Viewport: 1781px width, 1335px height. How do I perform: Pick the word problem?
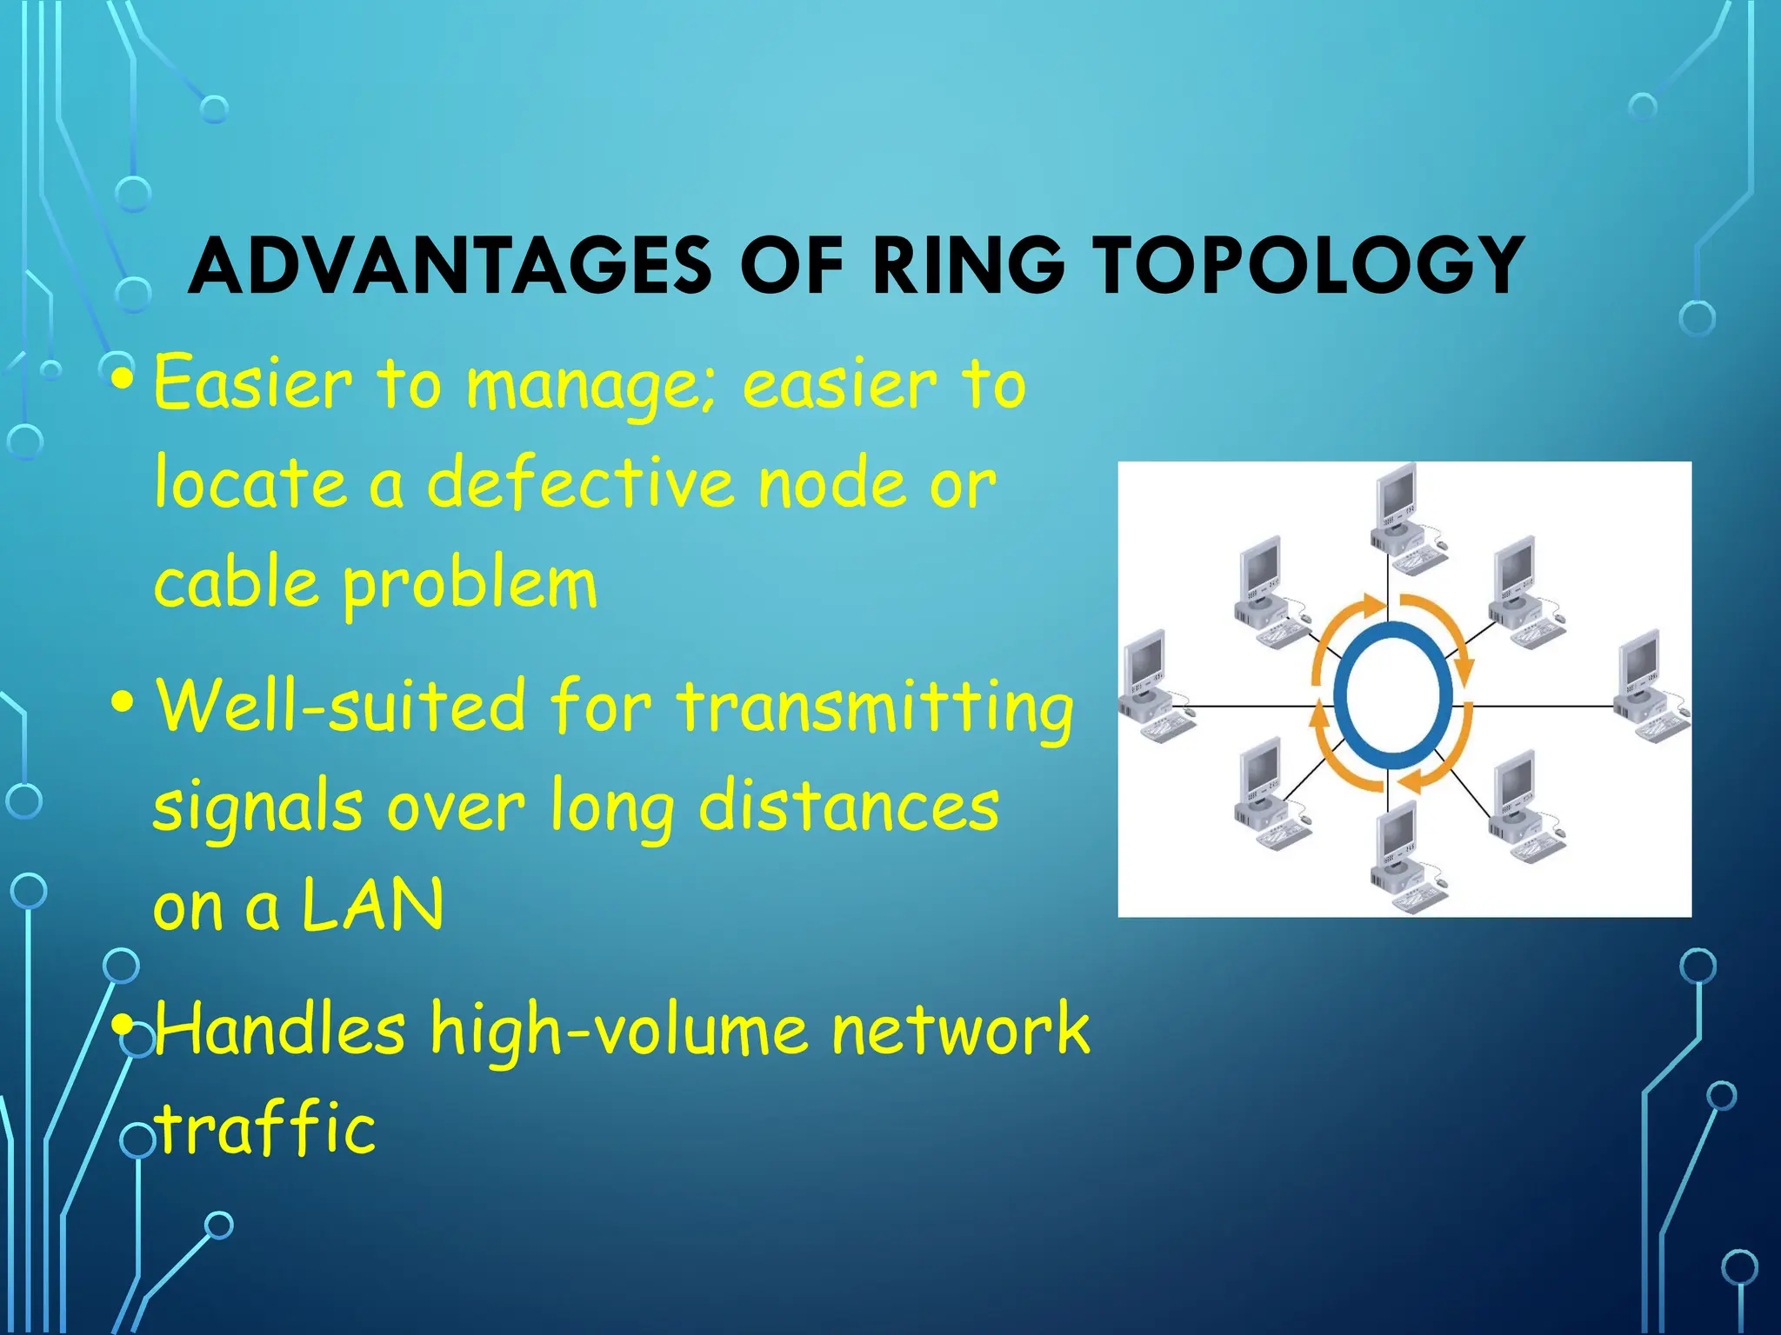pos(470,585)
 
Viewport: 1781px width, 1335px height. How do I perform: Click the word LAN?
pos(372,906)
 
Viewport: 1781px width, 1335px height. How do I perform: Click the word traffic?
pos(266,1128)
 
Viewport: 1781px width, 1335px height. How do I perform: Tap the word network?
pos(960,1028)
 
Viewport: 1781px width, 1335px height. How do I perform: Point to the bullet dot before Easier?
pos(123,379)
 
